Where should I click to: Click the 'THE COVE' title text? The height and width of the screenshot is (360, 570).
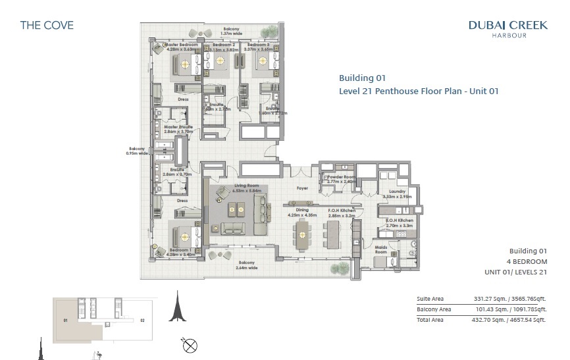pyautogui.click(x=47, y=26)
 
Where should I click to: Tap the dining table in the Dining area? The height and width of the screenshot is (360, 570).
pyautogui.click(x=302, y=234)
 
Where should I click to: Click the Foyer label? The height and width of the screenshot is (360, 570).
pyautogui.click(x=302, y=188)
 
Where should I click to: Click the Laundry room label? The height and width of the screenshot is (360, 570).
pyautogui.click(x=397, y=192)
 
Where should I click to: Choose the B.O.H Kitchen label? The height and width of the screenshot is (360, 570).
pyautogui.click(x=396, y=220)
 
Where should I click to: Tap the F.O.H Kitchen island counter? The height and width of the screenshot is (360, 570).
pyautogui.click(x=332, y=234)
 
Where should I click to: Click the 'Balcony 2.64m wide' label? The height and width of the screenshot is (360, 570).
pyautogui.click(x=247, y=265)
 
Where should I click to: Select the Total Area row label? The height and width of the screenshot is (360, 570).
pyautogui.click(x=430, y=320)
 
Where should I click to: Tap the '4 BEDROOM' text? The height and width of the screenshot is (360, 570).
pyautogui.click(x=527, y=261)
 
